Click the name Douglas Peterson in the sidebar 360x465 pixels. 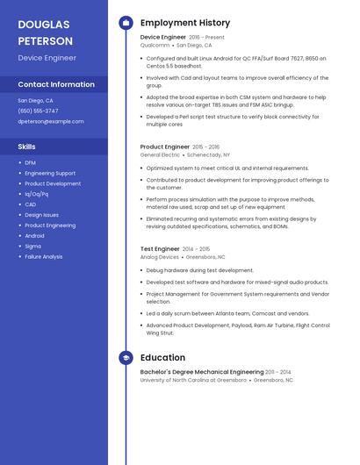click(x=46, y=32)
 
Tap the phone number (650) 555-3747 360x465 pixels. click(x=38, y=111)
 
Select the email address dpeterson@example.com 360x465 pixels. click(x=50, y=122)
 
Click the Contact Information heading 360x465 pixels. click(x=56, y=84)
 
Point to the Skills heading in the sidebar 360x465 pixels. click(x=27, y=147)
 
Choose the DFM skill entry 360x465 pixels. click(x=31, y=162)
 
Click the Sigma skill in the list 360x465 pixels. click(x=33, y=247)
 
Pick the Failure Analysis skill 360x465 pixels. click(x=44, y=257)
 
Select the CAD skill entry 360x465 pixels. click(x=31, y=204)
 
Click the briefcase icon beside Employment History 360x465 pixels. click(x=126, y=23)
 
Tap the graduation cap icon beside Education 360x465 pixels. click(x=126, y=358)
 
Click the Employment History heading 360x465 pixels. click(x=185, y=23)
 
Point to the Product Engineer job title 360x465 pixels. click(x=165, y=147)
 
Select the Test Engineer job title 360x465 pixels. click(x=160, y=249)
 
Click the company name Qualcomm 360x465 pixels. click(x=155, y=45)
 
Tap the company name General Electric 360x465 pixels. click(x=160, y=154)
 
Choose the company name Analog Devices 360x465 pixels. click(x=160, y=257)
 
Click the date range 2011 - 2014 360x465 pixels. click(x=278, y=372)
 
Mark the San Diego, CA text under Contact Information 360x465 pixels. click(x=36, y=100)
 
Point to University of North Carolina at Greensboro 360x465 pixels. click(x=193, y=380)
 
